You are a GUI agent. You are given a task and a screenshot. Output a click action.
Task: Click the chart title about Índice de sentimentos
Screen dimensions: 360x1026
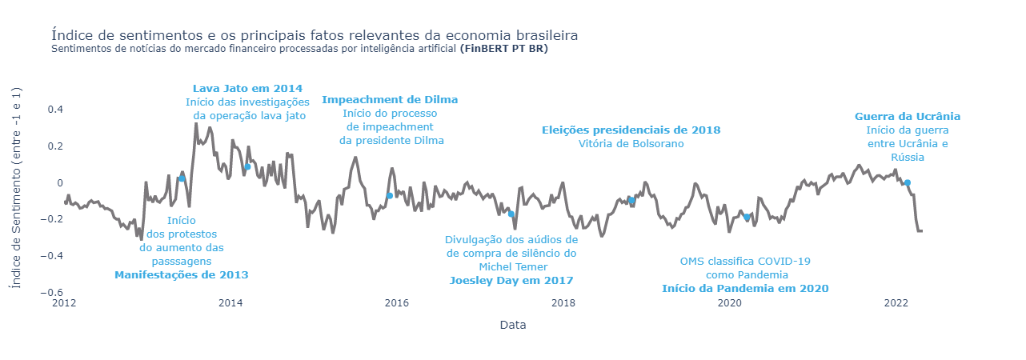tap(314, 35)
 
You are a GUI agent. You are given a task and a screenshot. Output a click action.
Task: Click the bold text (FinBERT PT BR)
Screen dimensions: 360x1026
tap(504, 49)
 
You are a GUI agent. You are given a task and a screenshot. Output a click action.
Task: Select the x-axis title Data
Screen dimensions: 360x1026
tap(512, 325)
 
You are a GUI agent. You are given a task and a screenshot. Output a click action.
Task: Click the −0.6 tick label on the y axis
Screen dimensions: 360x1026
tap(51, 293)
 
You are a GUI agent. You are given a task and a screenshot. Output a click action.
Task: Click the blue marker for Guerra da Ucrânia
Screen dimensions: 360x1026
tap(907, 182)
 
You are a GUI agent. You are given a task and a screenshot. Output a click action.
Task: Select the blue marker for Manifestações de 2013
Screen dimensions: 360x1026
tap(182, 178)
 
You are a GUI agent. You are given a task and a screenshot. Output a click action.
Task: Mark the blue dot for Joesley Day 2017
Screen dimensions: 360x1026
tap(511, 214)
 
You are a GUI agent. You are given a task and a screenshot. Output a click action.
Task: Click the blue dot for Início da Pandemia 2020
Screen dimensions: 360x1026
tap(747, 217)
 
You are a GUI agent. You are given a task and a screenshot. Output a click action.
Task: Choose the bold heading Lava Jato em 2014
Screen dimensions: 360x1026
tap(247, 88)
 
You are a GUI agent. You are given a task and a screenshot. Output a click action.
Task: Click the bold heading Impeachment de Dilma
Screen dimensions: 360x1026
tap(390, 99)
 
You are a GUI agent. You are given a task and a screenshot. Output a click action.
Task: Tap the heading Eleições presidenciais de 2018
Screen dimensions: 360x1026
tap(631, 130)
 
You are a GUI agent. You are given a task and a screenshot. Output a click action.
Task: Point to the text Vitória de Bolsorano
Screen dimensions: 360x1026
tap(631, 144)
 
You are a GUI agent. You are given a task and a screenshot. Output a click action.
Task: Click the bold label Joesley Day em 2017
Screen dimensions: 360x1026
tap(511, 280)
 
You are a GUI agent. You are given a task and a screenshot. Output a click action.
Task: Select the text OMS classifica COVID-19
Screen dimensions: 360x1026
tap(745, 261)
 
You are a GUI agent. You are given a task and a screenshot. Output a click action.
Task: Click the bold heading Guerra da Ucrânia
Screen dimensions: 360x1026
tap(907, 116)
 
